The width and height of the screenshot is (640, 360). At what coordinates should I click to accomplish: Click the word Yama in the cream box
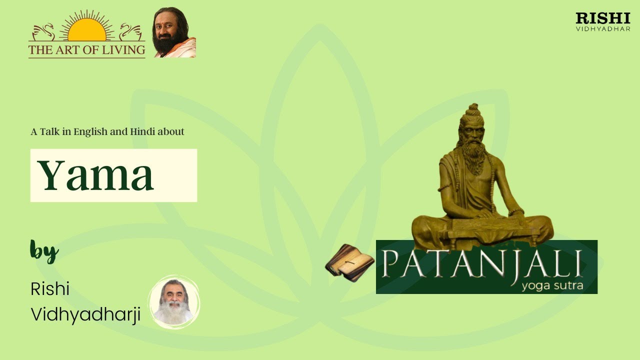(x=95, y=175)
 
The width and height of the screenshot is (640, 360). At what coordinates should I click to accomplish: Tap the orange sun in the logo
(x=86, y=31)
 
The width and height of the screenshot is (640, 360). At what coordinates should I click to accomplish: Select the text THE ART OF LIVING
(x=86, y=50)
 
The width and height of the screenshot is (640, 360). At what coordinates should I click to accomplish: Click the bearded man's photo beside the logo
(x=174, y=33)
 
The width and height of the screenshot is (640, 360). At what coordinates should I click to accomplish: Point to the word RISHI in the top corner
(x=603, y=18)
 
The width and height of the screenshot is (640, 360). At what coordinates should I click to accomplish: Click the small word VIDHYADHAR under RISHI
(x=603, y=28)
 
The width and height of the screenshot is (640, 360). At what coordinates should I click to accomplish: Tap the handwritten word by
(x=44, y=251)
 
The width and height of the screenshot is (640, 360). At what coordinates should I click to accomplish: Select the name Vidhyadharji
(x=85, y=314)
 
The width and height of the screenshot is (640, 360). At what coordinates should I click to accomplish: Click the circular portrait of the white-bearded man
(x=174, y=302)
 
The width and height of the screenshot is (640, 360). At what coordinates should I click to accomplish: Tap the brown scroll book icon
(x=349, y=262)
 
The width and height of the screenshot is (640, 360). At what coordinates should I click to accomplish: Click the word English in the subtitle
(x=90, y=132)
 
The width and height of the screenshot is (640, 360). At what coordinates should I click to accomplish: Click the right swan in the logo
(x=131, y=32)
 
